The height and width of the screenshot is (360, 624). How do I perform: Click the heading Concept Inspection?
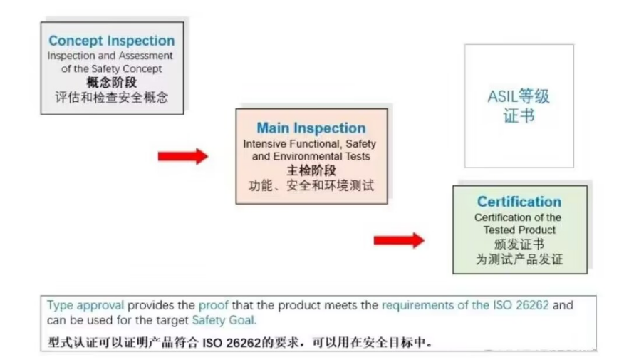click(x=111, y=41)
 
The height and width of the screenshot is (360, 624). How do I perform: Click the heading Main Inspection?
click(x=311, y=128)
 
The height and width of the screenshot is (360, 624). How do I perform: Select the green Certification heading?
click(x=519, y=202)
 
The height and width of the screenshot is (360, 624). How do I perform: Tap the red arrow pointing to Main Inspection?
click(x=182, y=155)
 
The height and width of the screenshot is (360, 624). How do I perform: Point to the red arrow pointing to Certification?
click(x=398, y=240)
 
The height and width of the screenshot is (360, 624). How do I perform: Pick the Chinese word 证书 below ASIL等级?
click(x=519, y=115)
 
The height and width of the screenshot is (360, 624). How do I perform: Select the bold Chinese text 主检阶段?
click(x=311, y=170)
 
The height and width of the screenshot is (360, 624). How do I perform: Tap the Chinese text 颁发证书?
click(x=519, y=245)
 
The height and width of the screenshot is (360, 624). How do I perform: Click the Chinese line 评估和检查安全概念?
click(x=111, y=96)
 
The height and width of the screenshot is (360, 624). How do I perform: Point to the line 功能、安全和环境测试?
click(x=311, y=186)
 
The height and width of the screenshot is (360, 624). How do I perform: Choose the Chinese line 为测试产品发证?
click(x=519, y=260)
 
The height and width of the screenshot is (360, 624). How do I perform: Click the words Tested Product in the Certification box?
click(x=519, y=230)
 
